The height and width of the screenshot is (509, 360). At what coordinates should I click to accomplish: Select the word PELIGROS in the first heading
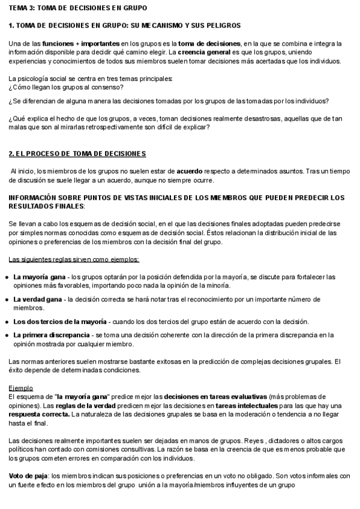tap(221, 26)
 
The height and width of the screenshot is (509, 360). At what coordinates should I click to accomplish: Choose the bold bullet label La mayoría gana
tap(39, 277)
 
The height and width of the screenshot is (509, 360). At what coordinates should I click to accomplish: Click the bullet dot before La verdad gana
tap(7, 299)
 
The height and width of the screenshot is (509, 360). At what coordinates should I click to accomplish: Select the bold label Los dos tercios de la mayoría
tap(60, 322)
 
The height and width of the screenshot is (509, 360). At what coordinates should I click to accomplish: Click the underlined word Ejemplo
tap(21, 388)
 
